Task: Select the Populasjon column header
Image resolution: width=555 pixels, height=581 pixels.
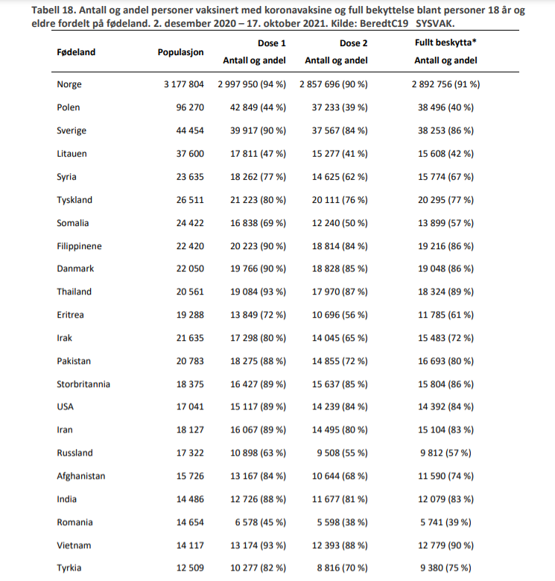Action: tap(180, 53)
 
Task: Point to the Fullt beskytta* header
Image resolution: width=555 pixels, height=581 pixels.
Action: tap(445, 43)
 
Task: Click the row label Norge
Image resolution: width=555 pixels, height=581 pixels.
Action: tap(69, 84)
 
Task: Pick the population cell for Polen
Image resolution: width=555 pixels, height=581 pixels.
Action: tap(189, 107)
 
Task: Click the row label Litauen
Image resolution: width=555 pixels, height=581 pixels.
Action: tap(72, 154)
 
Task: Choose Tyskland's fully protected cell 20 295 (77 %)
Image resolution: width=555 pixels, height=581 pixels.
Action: tap(445, 200)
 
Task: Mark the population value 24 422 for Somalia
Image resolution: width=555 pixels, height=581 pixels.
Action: tap(189, 223)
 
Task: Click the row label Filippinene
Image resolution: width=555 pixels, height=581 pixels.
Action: tap(79, 246)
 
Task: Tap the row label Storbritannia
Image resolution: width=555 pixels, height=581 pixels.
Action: tap(83, 384)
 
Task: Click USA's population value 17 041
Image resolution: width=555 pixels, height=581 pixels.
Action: tap(189, 407)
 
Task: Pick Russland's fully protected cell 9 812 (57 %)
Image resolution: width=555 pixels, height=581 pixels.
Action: tap(445, 453)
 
